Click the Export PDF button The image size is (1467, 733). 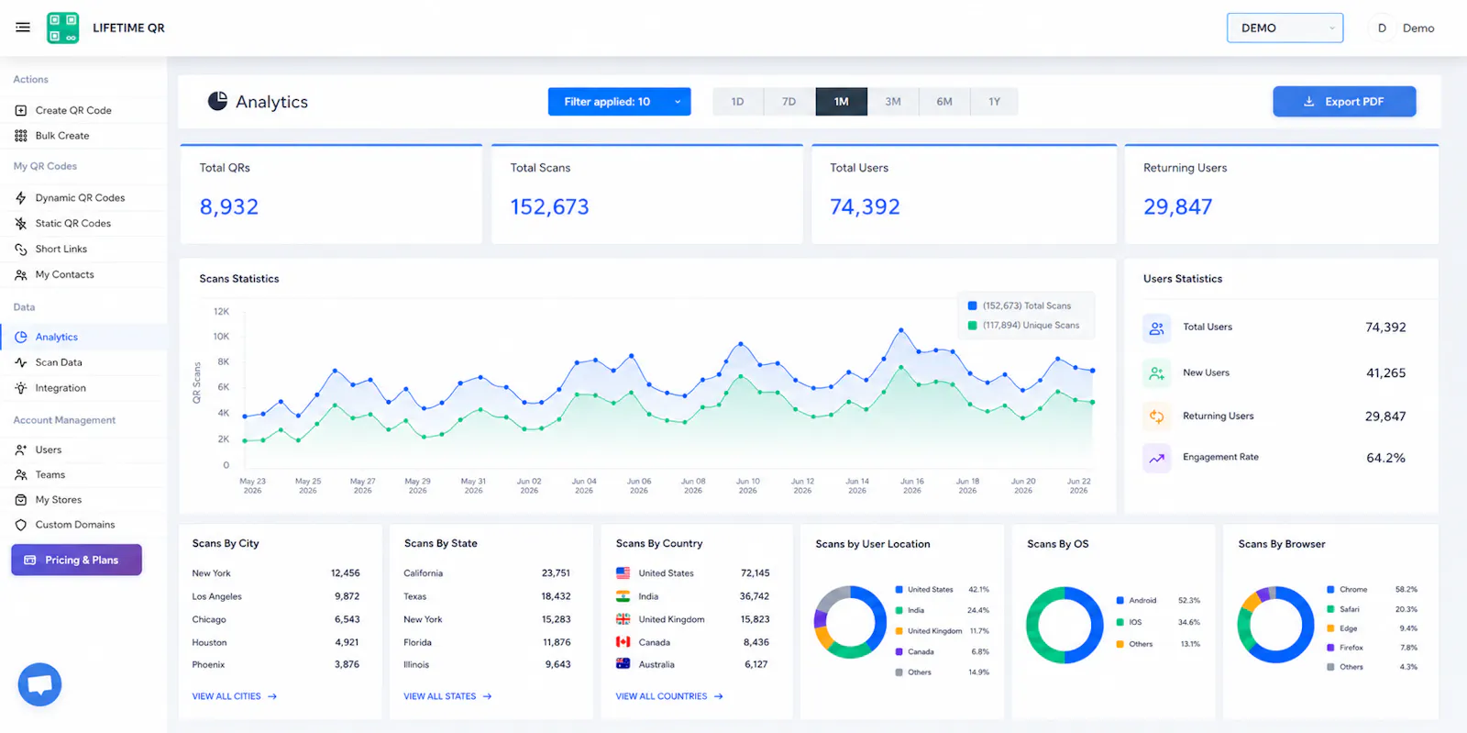(1344, 102)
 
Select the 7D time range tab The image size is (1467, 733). (789, 102)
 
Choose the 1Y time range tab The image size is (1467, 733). (994, 102)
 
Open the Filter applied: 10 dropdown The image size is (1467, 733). (619, 102)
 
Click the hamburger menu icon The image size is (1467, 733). (23, 28)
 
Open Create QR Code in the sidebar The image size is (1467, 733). (73, 110)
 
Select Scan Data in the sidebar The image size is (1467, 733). (59, 362)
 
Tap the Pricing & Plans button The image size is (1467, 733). (77, 560)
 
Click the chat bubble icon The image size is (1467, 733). (40, 684)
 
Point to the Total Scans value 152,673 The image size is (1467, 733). (549, 207)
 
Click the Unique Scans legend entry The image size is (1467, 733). (1023, 326)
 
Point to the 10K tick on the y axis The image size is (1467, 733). (221, 336)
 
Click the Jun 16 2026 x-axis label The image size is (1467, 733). (911, 485)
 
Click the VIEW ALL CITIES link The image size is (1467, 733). (235, 696)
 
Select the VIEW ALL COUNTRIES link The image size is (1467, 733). (669, 696)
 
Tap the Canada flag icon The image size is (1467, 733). (623, 642)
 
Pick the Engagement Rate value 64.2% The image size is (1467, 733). (1385, 458)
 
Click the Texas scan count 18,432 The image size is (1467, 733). (556, 596)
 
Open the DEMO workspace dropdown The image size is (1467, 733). (1285, 28)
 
